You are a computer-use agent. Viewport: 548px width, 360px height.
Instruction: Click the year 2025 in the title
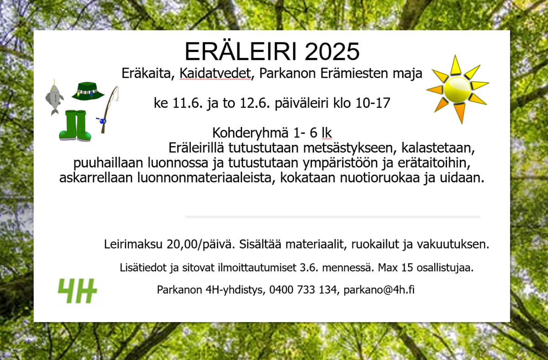332,52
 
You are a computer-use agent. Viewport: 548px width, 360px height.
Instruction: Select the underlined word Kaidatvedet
215,73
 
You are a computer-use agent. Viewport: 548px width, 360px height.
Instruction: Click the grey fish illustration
54,98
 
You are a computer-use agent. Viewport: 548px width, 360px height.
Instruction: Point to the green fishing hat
88,91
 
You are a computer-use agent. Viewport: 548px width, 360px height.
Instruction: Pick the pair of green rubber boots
75,126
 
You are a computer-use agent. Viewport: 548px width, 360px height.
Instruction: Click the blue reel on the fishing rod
103,121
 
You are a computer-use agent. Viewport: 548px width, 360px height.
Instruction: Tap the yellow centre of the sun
457,90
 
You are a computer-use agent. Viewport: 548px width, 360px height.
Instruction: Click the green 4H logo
77,291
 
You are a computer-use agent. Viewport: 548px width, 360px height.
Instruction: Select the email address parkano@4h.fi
379,290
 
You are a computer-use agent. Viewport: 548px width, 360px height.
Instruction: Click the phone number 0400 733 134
303,290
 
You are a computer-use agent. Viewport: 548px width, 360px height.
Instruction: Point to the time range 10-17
373,103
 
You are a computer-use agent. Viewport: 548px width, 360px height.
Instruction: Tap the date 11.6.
187,103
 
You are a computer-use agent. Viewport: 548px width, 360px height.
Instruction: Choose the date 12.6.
255,103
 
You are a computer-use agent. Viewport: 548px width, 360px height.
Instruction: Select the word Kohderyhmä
250,133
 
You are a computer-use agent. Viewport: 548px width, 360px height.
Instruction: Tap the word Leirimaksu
133,244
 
